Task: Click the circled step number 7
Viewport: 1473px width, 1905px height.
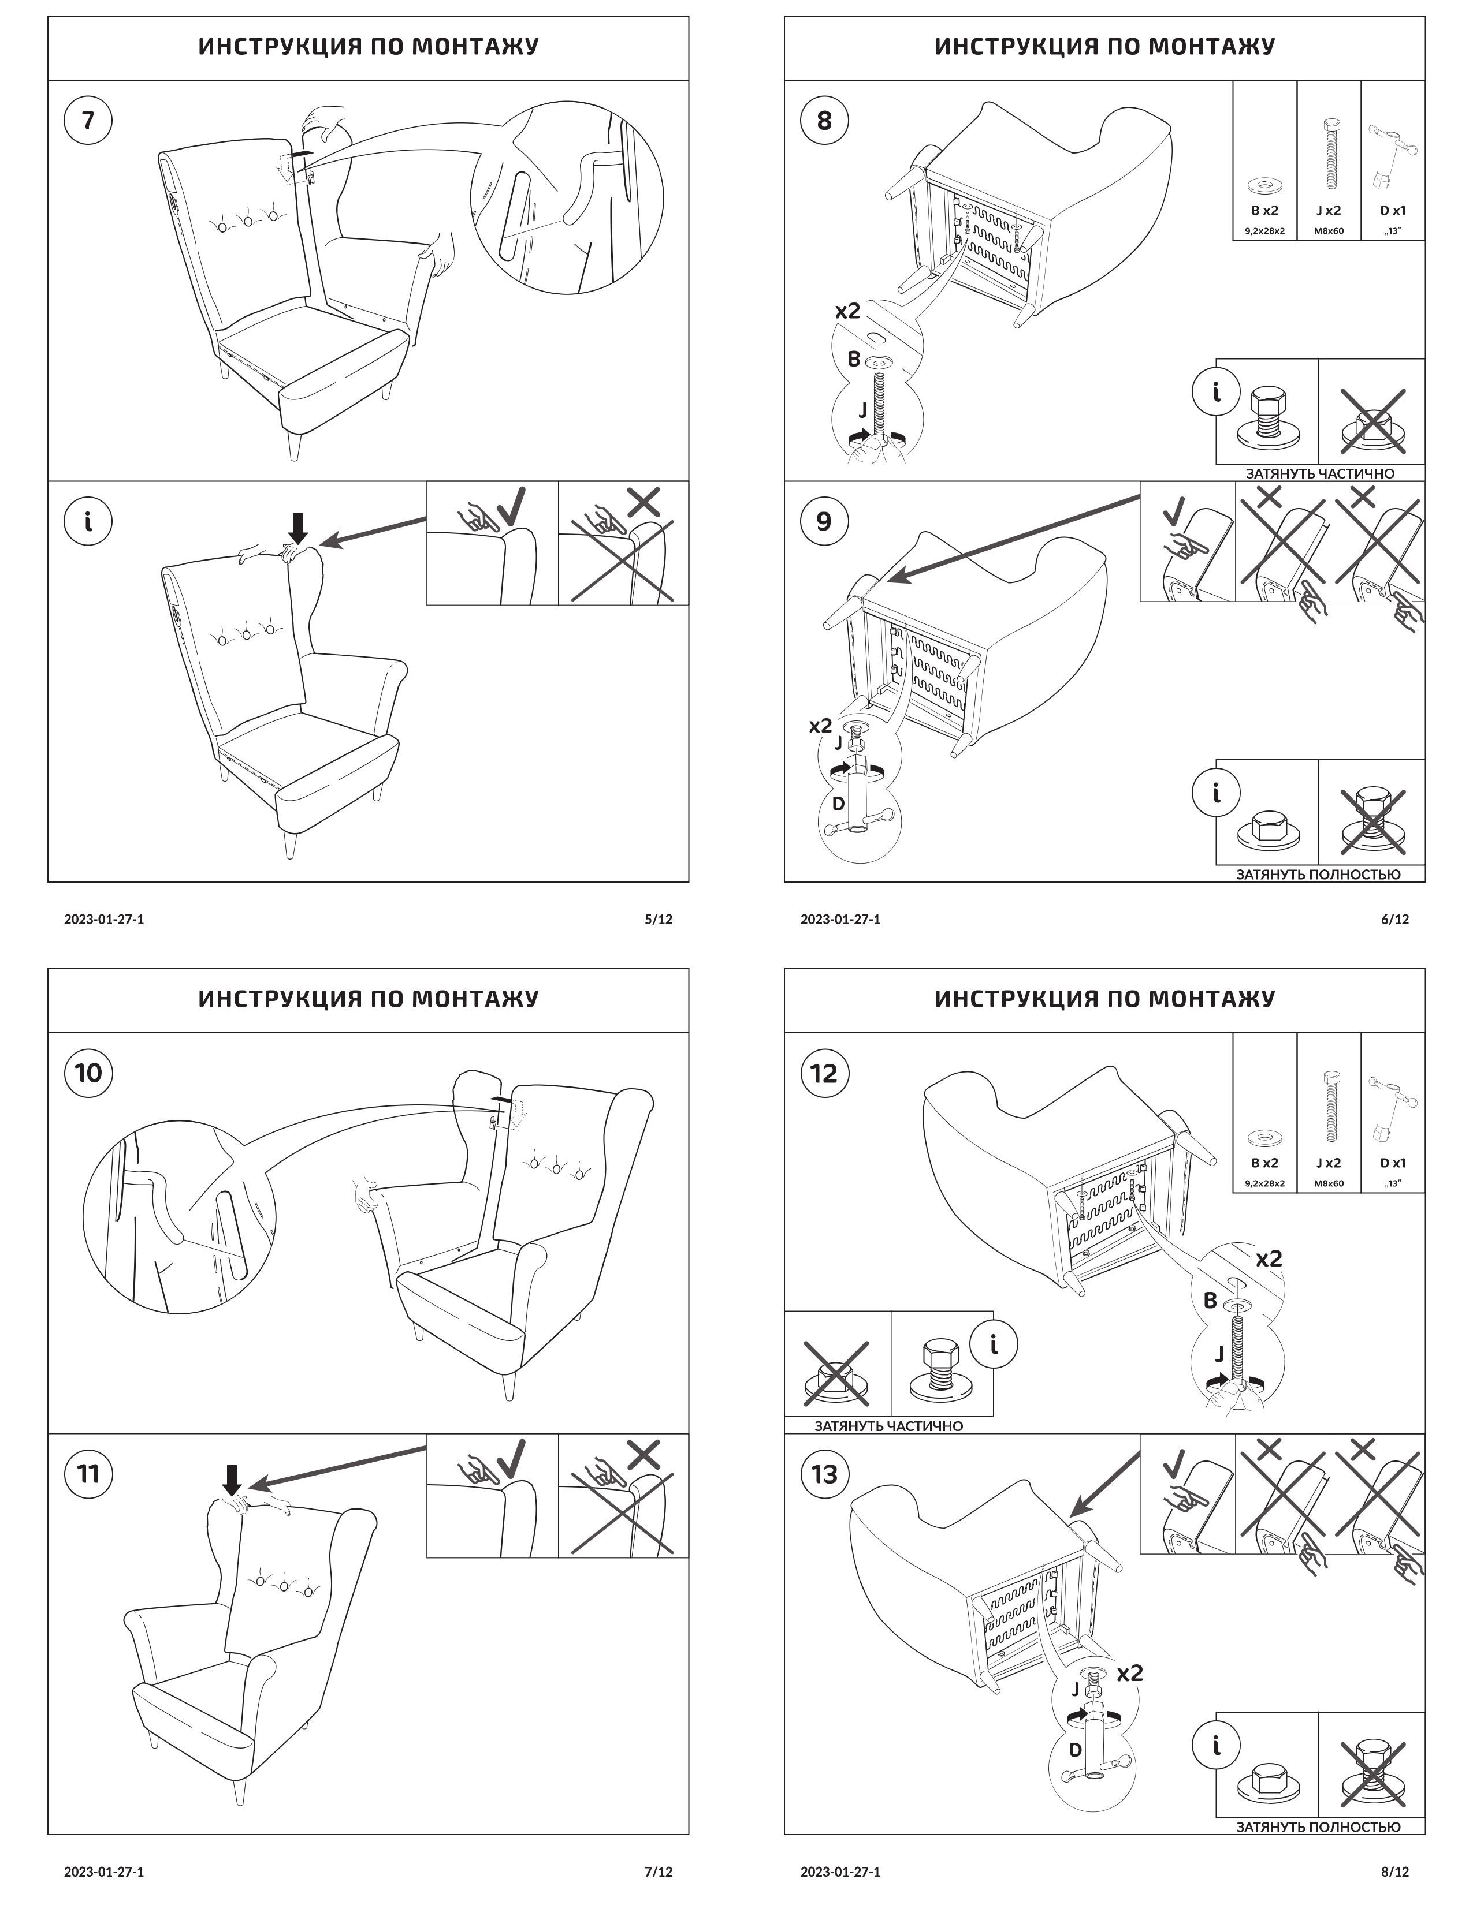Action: click(88, 121)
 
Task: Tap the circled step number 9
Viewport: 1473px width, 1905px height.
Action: click(824, 522)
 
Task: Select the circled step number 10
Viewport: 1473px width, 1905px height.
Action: click(88, 1073)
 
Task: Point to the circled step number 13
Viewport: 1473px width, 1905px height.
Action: click(824, 1474)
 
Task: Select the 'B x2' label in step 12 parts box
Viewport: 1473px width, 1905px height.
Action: click(1264, 1163)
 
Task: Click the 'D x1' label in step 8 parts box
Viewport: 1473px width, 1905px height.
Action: click(1393, 210)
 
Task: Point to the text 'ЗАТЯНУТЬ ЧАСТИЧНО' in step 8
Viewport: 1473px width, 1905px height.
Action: click(1319, 473)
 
